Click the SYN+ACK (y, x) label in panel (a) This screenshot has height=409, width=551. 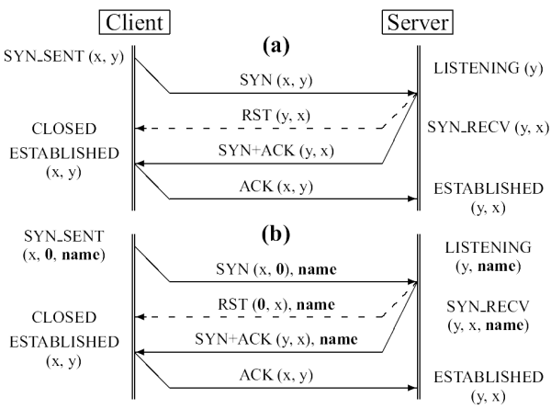point(275,153)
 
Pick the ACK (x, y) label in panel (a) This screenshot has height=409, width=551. point(276,187)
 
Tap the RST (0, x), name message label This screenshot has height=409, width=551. point(275,305)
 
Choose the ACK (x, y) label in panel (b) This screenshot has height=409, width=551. point(276,375)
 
